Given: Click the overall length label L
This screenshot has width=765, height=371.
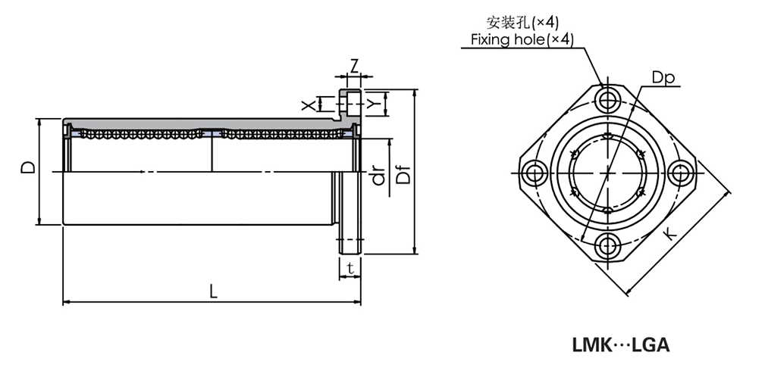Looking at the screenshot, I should tap(213, 292).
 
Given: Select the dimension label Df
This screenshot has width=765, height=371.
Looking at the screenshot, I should tap(404, 174).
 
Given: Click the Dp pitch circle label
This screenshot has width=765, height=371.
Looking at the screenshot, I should tap(661, 77).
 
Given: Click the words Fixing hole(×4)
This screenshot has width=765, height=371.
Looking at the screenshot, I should tap(522, 39).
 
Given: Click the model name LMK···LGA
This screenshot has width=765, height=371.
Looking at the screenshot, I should tap(620, 344).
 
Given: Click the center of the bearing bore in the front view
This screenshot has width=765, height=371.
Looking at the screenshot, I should tap(607, 173).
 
